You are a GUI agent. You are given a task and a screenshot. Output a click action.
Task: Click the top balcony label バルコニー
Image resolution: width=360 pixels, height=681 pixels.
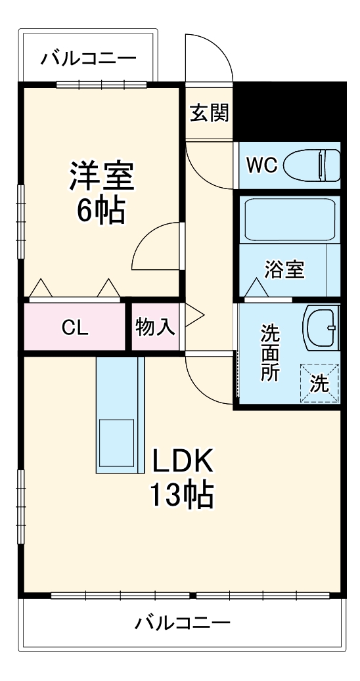89,59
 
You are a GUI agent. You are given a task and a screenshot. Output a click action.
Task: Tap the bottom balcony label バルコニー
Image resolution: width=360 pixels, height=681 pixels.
183,622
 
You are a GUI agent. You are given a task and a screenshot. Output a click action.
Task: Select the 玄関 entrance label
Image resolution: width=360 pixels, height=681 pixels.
210,113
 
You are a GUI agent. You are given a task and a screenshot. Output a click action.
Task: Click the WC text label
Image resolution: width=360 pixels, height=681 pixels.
261,164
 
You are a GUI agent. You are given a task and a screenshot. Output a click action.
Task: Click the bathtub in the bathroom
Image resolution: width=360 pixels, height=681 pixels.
289,219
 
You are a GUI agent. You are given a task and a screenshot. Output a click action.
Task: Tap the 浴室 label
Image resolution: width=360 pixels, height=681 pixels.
284,269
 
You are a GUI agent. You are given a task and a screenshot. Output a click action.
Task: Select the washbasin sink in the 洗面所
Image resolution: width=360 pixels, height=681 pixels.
321,326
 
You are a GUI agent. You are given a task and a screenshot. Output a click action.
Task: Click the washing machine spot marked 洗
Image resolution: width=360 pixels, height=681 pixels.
320,383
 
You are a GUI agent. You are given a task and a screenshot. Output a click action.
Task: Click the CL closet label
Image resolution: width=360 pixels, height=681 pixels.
75,327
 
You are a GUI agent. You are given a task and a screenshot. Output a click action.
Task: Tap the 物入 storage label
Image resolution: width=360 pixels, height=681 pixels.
155,326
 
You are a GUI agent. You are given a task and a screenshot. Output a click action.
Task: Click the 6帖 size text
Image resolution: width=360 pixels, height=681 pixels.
101,210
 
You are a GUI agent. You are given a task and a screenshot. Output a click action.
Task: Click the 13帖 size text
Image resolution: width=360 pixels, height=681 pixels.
183,496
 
